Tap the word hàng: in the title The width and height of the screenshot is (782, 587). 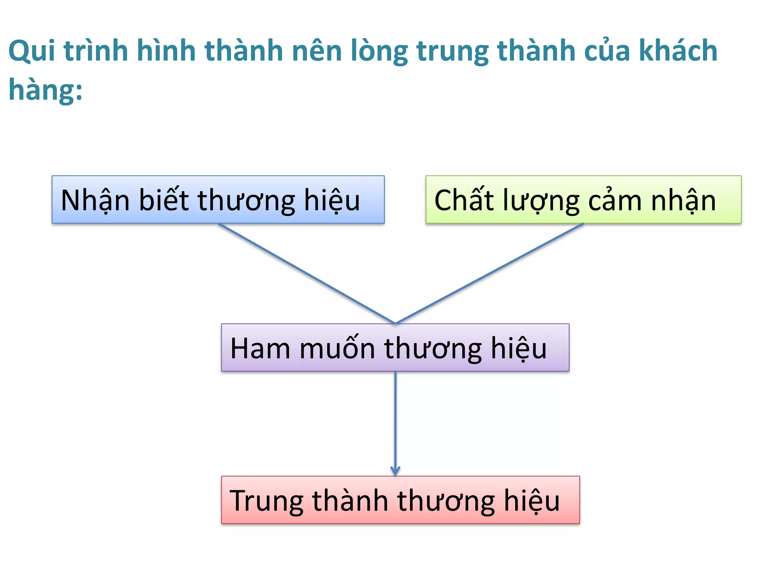click(45, 90)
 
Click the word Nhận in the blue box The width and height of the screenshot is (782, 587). click(95, 200)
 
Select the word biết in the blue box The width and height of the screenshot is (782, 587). click(164, 200)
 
